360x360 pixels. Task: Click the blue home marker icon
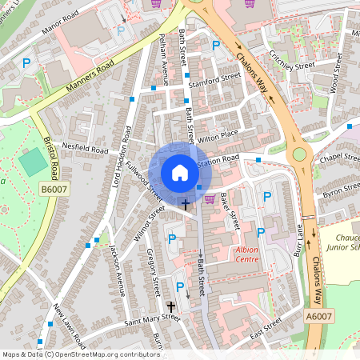point(180,173)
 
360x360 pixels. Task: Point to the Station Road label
point(218,162)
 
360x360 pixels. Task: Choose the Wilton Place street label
point(219,135)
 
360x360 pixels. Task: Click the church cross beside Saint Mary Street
point(170,306)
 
